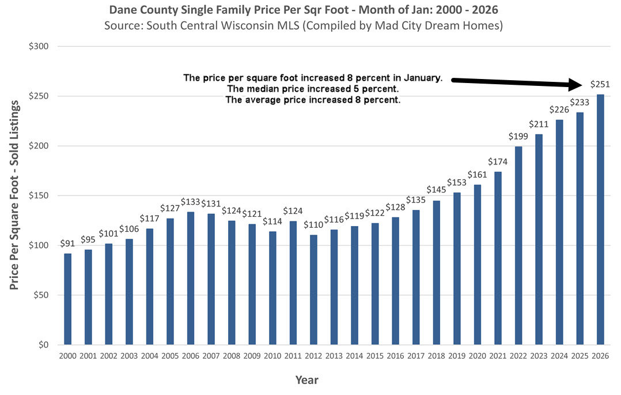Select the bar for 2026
click(x=600, y=219)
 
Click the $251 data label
click(x=600, y=84)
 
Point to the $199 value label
click(x=518, y=136)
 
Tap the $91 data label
click(x=68, y=243)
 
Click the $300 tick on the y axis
click(x=41, y=46)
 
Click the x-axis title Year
click(x=306, y=379)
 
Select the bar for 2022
click(x=518, y=245)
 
